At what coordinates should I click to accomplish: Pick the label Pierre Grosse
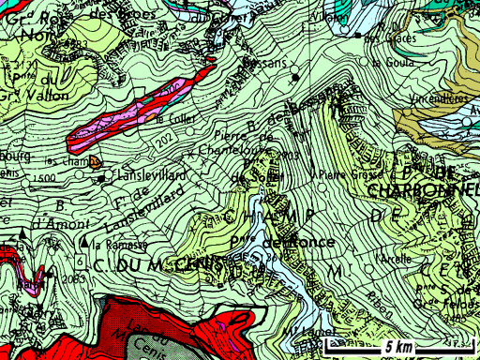(346, 174)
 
